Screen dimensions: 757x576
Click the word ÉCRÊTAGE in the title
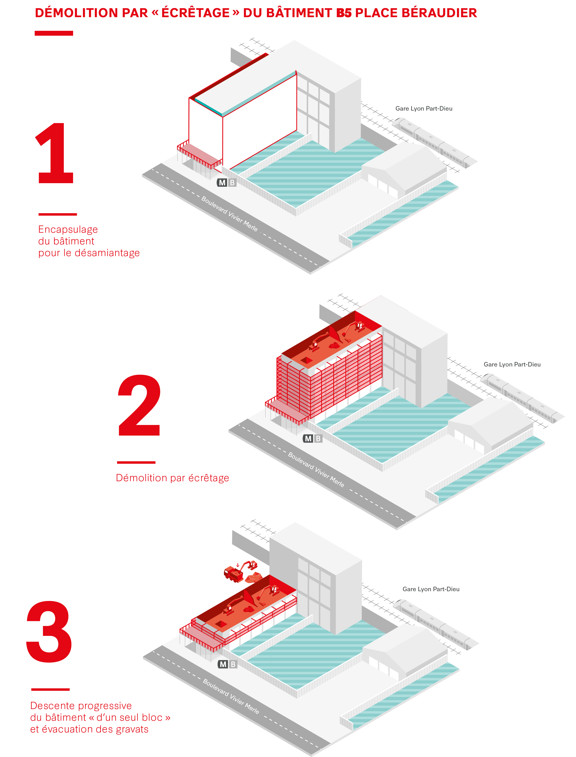pyautogui.click(x=196, y=13)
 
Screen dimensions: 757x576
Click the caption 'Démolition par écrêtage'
pyautogui.click(x=172, y=478)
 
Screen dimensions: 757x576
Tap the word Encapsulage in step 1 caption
pyautogui.click(x=68, y=229)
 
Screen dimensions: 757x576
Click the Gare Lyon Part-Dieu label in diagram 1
pyautogui.click(x=424, y=109)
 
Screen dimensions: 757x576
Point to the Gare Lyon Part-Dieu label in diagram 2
pyautogui.click(x=512, y=364)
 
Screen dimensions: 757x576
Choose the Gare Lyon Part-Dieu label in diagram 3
pyautogui.click(x=431, y=589)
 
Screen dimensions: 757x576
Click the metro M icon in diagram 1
pyautogui.click(x=222, y=183)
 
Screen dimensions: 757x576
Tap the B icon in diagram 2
pyautogui.click(x=318, y=439)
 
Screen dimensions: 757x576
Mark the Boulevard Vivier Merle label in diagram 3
pyautogui.click(x=231, y=696)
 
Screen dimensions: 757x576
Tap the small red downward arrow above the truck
pyautogui.click(x=238, y=565)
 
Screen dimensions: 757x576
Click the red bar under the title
pyautogui.click(x=54, y=33)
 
